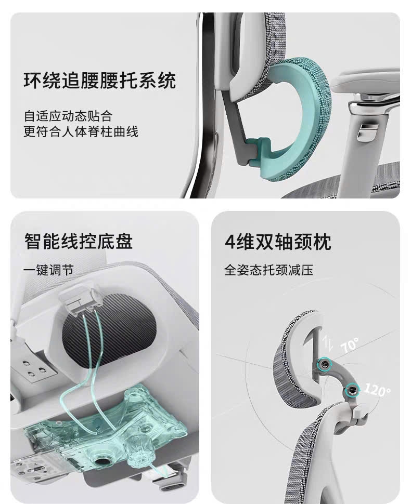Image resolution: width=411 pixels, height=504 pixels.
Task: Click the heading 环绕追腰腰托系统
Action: point(100,81)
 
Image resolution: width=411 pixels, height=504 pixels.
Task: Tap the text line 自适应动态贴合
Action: point(68,115)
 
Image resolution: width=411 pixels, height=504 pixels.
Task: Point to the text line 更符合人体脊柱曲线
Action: point(81,131)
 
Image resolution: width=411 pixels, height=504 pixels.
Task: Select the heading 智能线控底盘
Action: point(79,242)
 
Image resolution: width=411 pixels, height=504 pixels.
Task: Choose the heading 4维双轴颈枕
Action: point(278,242)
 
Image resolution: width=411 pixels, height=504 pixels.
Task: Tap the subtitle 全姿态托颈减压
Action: point(269,270)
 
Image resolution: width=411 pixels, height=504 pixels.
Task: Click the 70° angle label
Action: point(350,345)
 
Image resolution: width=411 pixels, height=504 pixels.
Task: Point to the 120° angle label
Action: point(377,390)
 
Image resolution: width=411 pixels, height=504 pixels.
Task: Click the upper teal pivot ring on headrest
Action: point(325,365)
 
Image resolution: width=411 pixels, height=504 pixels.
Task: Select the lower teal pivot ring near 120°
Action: point(352,388)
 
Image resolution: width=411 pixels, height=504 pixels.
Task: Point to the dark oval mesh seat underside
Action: point(109,333)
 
